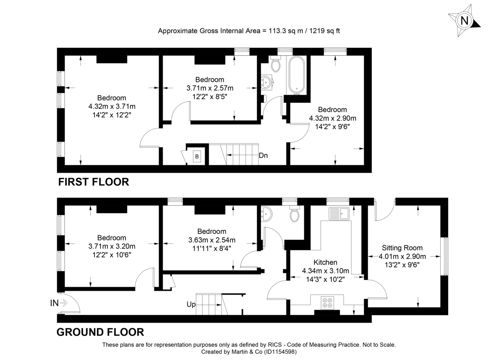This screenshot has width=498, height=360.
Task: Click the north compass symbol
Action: [464, 20]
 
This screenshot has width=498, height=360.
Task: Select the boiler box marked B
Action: [197, 156]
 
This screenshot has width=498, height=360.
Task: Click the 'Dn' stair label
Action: [263, 156]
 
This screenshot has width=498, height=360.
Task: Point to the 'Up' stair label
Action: [191, 304]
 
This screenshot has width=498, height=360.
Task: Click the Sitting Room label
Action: [402, 248]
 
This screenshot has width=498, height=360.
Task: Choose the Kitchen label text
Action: [325, 262]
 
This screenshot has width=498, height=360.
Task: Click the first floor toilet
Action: [276, 64]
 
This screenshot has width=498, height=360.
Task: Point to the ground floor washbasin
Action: [266, 214]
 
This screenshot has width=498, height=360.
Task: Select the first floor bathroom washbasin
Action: [266, 82]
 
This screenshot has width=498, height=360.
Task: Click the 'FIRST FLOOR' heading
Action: [93, 182]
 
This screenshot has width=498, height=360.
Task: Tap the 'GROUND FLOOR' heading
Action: [100, 332]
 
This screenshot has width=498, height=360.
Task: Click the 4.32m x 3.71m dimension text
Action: [112, 106]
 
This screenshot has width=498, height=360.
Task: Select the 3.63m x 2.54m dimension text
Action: [212, 240]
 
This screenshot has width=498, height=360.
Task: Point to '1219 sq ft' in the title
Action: [324, 31]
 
